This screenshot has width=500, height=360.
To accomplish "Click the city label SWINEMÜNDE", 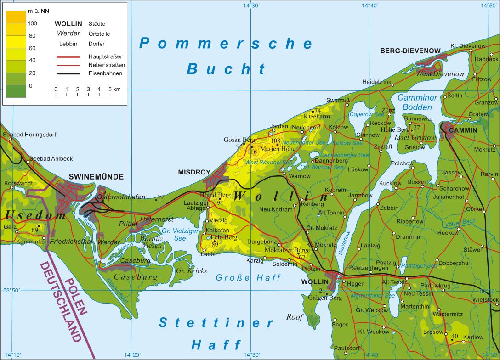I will coord(96,176).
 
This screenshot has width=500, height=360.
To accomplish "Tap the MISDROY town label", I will coord(194,172).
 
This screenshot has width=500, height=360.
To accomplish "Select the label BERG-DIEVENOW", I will coord(410,51).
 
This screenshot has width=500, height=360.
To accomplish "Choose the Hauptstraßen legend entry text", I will coord(106,56).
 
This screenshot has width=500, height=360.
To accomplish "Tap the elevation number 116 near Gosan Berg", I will coord(252,152).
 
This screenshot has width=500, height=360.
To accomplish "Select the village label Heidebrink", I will coord(376,82).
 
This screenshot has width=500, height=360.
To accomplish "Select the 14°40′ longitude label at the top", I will coord(370,6).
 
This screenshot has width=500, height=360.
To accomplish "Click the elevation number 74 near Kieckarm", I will coord(318,111).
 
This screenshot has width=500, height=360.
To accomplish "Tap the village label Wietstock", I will coord(485,300).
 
